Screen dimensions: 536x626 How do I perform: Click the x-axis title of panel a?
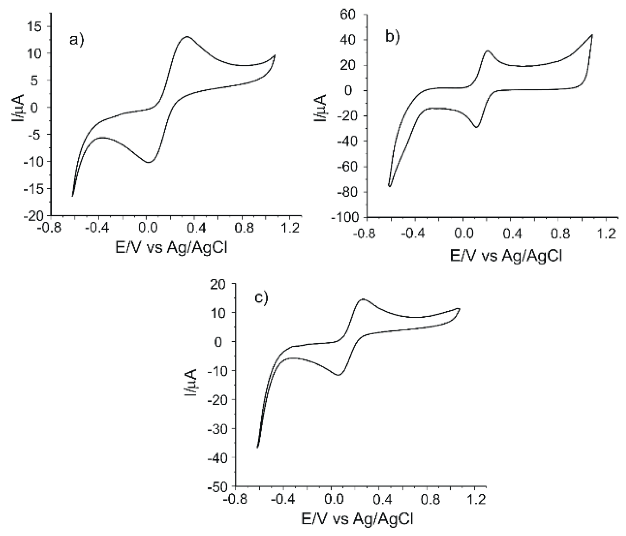[x=171, y=247]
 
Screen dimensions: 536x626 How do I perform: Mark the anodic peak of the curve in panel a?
[x=187, y=37]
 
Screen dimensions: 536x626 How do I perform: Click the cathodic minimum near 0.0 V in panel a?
[x=148, y=162]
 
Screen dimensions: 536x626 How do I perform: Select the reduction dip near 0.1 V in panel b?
[x=476, y=127]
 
